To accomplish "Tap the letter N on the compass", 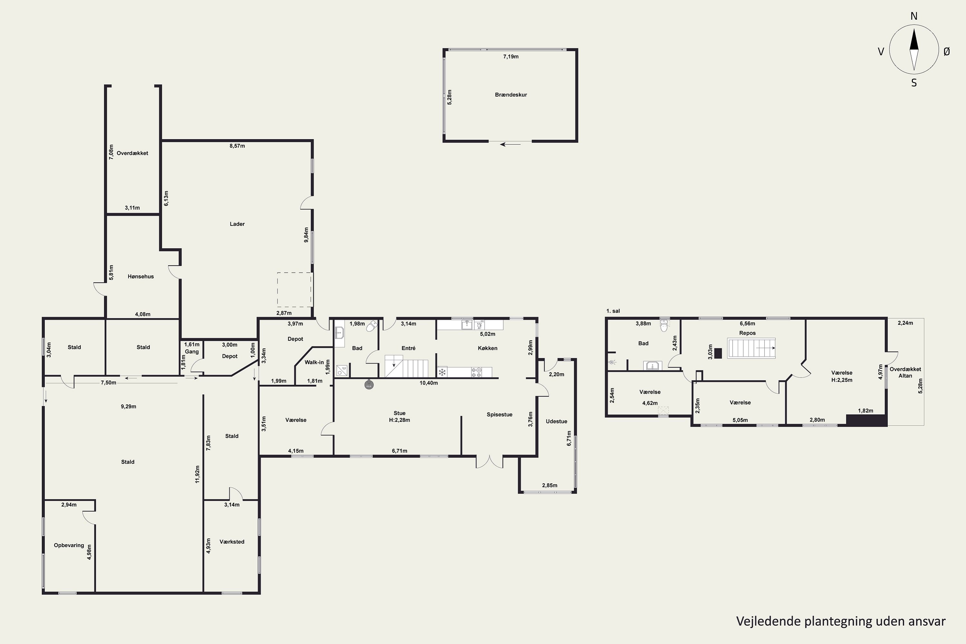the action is click(x=914, y=16).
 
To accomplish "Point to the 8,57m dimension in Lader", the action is click(x=237, y=146).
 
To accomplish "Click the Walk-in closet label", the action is click(x=314, y=362).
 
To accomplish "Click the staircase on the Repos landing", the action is click(x=752, y=348).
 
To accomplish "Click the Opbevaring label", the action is click(x=69, y=545).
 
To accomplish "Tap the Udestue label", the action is click(x=556, y=421).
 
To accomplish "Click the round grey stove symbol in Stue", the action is click(x=369, y=385).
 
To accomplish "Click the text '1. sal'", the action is click(x=613, y=311).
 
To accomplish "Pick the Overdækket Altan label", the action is click(x=905, y=373).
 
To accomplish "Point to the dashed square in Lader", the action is click(x=295, y=289).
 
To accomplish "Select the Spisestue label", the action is click(x=499, y=415).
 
